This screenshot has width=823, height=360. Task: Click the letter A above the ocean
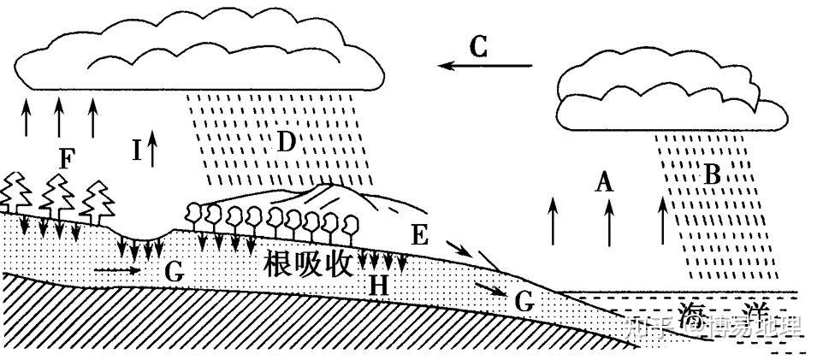click(x=604, y=181)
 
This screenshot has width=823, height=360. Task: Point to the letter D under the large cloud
click(x=286, y=140)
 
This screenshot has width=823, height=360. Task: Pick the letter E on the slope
click(x=419, y=235)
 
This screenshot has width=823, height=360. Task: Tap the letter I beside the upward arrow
click(x=136, y=150)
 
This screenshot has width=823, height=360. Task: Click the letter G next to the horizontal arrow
click(x=174, y=273)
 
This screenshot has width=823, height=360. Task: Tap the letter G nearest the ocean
click(x=524, y=300)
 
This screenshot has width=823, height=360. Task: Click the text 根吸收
click(x=309, y=264)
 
